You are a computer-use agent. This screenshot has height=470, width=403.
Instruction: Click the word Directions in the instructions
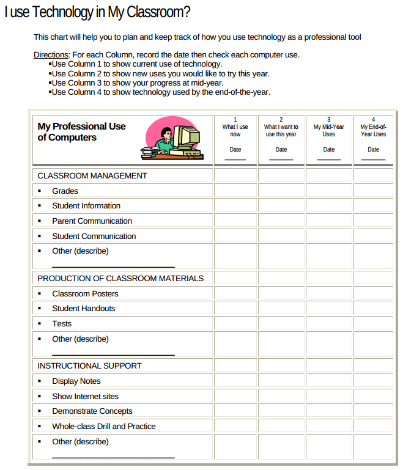tap(51, 55)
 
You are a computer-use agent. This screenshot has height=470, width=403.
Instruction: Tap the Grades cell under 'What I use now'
tap(235, 191)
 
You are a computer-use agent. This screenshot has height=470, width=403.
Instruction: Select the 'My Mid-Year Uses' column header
tap(329, 130)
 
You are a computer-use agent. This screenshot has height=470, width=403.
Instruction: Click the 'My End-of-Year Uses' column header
tap(373, 130)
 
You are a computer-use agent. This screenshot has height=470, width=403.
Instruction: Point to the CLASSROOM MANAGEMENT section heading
tap(92, 175)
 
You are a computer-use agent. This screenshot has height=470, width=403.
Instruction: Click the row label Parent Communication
tap(92, 221)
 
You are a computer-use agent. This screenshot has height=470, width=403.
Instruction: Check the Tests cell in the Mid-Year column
tap(329, 323)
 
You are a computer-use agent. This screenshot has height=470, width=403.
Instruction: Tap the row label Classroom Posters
tap(85, 293)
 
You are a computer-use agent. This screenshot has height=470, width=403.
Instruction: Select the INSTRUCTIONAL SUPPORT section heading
tap(89, 365)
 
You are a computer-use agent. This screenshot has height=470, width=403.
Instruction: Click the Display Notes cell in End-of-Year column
tap(373, 381)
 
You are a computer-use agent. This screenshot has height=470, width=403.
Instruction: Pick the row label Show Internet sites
tap(85, 396)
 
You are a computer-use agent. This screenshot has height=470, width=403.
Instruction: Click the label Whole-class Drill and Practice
tap(103, 426)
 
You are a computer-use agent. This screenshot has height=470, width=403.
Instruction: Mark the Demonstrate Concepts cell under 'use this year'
tap(281, 411)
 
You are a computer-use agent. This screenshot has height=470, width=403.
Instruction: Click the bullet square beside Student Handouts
tap(40, 309)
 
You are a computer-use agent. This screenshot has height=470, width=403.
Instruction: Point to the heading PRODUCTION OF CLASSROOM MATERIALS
tap(120, 278)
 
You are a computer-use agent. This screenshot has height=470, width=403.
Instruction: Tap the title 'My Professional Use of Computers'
tap(81, 132)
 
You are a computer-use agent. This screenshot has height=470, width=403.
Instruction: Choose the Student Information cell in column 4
tap(373, 205)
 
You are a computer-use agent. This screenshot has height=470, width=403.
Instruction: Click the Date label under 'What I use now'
tap(235, 149)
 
